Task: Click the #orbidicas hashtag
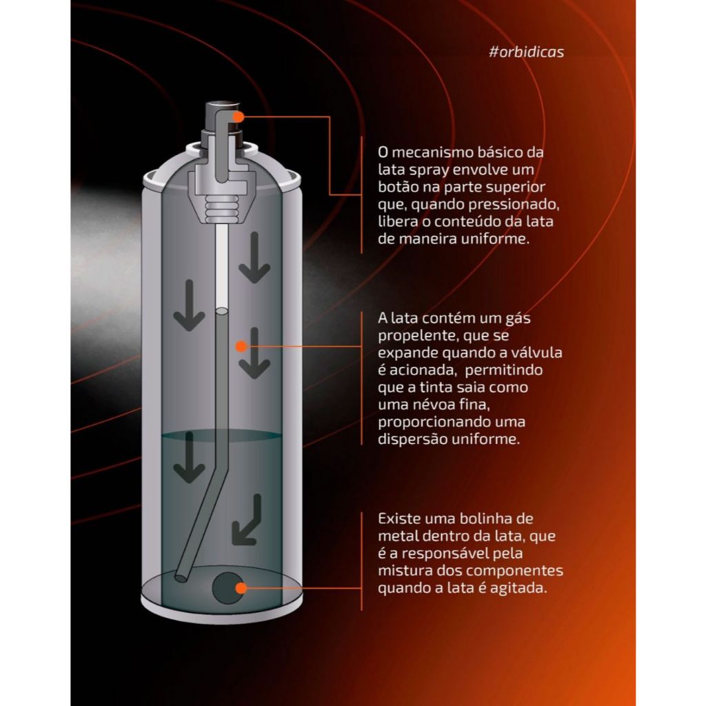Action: click(526, 52)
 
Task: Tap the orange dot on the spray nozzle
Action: click(239, 117)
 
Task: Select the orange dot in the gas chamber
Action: click(241, 346)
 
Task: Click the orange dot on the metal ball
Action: click(241, 587)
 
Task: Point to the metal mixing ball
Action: click(228, 588)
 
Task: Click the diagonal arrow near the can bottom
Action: click(248, 520)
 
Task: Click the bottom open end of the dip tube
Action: click(181, 577)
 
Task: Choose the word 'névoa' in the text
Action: click(425, 404)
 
